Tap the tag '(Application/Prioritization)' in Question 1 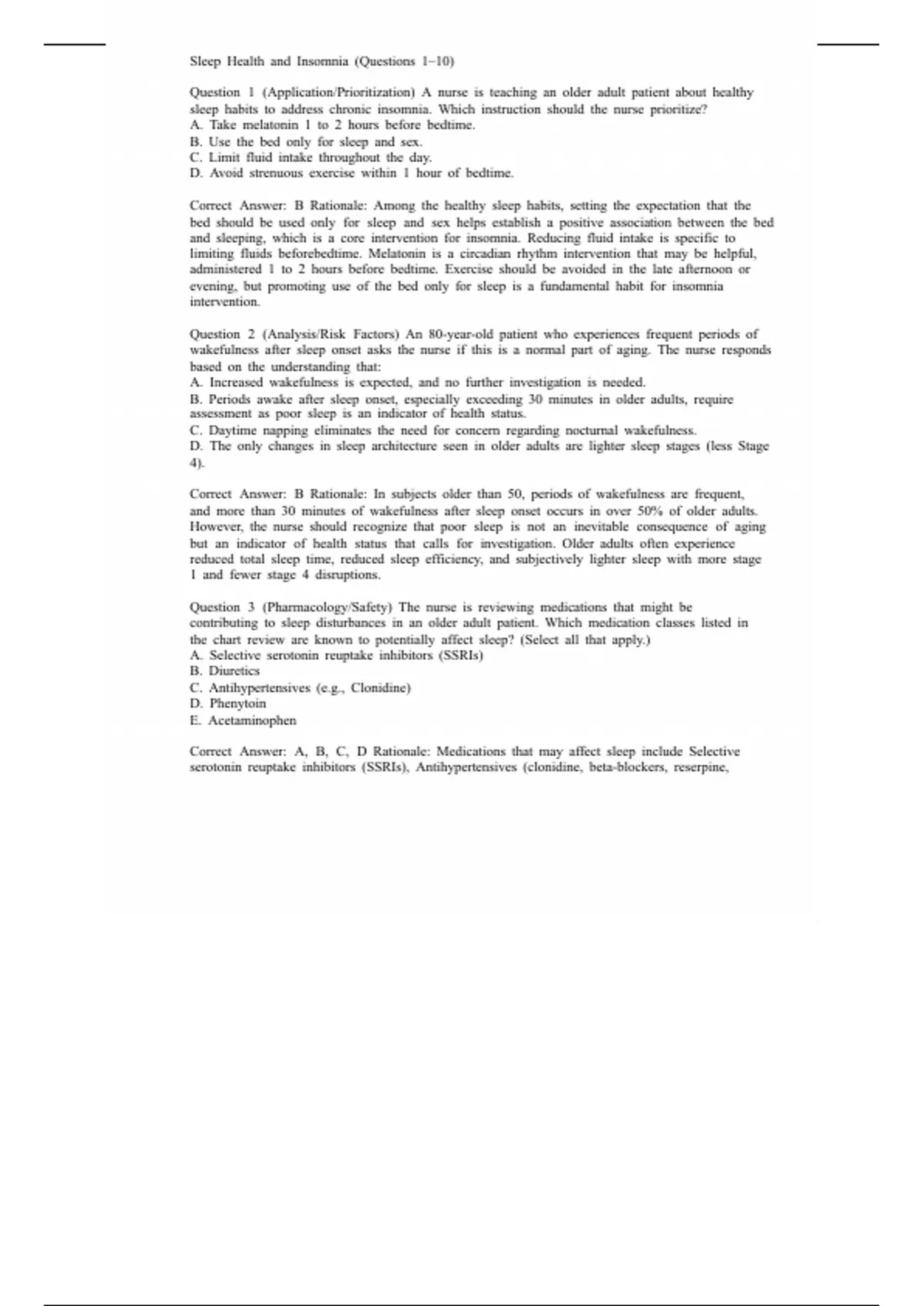pyautogui.click(x=339, y=92)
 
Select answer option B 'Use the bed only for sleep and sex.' pyautogui.click(x=306, y=141)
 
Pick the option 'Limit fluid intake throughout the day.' pyautogui.click(x=310, y=157)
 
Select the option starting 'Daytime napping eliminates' pyautogui.click(x=443, y=430)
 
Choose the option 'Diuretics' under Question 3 pyautogui.click(x=224, y=671)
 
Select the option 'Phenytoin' pyautogui.click(x=228, y=704)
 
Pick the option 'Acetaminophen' pyautogui.click(x=243, y=721)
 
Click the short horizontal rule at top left pyautogui.click(x=75, y=45)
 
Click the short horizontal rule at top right pyautogui.click(x=847, y=45)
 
